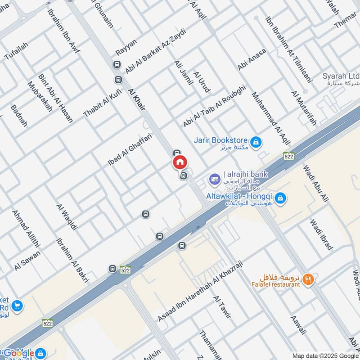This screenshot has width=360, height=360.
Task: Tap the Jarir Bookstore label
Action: coord(221,140)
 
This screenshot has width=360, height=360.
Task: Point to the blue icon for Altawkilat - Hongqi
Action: coord(280,198)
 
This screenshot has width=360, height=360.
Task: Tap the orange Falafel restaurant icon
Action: coord(308,279)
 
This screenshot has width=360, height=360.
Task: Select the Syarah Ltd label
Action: coord(341,76)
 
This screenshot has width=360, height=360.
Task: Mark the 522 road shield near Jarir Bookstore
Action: coord(289,156)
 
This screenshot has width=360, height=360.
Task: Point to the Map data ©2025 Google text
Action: coord(324,355)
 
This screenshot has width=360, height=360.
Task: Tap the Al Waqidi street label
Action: coord(67,217)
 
